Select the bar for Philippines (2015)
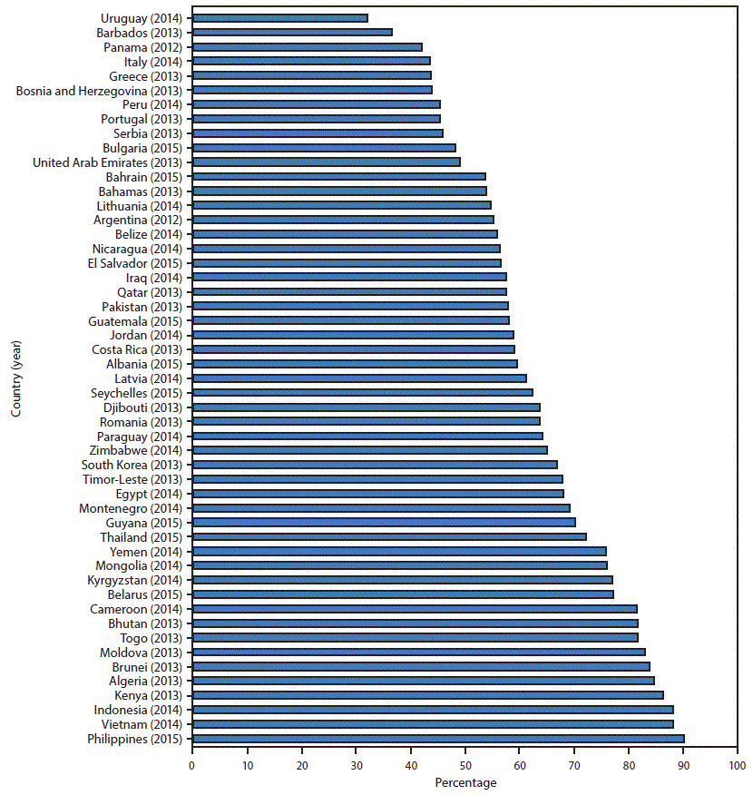pos(437,739)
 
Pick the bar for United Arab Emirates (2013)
pos(326,162)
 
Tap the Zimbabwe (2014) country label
pos(135,450)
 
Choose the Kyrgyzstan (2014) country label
pos(133,580)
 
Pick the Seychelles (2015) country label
pos(136,393)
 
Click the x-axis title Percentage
pos(465,782)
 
